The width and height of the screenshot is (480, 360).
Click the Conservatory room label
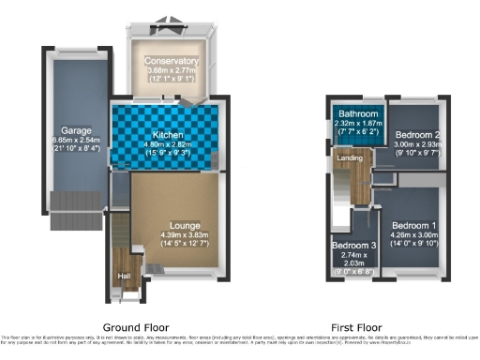165,61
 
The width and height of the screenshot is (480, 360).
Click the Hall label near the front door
123,276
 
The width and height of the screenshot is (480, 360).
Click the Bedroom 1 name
413,225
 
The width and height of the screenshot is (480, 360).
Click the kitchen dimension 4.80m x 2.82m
165,146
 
